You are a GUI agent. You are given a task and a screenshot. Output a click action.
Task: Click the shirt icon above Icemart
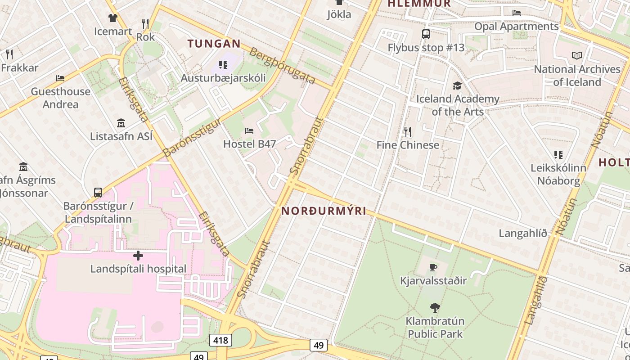[x=112, y=18]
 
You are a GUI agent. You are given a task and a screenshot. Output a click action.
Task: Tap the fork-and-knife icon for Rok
[x=145, y=23]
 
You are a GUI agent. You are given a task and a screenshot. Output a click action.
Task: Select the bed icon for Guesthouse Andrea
[x=60, y=78]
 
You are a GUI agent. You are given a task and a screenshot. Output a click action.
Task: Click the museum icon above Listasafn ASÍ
[x=121, y=123]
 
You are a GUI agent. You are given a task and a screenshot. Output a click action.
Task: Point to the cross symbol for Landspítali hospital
[x=138, y=256]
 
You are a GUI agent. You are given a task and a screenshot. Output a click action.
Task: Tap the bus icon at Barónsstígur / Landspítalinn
[x=98, y=193]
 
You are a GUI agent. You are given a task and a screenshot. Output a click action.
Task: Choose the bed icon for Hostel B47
[x=249, y=131]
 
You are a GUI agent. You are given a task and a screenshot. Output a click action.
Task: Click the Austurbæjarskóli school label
[x=223, y=78]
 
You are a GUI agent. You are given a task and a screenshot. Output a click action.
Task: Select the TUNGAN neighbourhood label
[x=214, y=44]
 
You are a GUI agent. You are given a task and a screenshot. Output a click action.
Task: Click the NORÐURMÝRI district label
[x=324, y=211]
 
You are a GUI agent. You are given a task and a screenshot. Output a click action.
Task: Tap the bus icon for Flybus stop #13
[x=426, y=34]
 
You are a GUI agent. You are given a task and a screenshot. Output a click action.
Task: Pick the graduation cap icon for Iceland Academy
[x=457, y=85]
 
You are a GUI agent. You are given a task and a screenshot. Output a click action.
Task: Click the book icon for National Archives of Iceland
[x=576, y=56]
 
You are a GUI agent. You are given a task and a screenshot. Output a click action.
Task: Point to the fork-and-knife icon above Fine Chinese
[x=408, y=132]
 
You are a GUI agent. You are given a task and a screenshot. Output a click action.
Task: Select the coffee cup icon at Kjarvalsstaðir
[x=433, y=268]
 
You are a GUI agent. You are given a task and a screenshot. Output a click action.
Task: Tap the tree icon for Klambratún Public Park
[x=435, y=308]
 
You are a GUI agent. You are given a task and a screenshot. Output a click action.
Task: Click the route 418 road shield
[x=220, y=340]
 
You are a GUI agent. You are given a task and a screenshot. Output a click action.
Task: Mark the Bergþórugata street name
[x=283, y=66]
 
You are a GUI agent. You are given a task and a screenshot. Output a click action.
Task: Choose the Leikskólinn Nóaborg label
[x=558, y=174]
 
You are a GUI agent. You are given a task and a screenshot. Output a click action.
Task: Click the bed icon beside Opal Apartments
[x=517, y=13]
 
